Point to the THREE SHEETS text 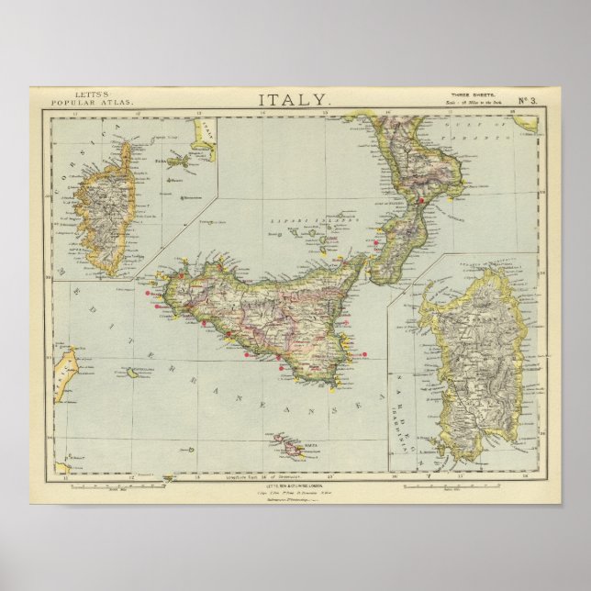(468, 95)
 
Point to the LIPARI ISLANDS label (298, 220)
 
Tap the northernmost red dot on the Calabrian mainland (419, 201)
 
